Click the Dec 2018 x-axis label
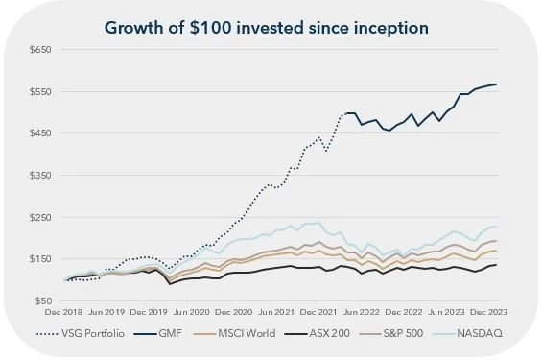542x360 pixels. [x=65, y=312]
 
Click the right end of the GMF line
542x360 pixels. [x=496, y=84]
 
